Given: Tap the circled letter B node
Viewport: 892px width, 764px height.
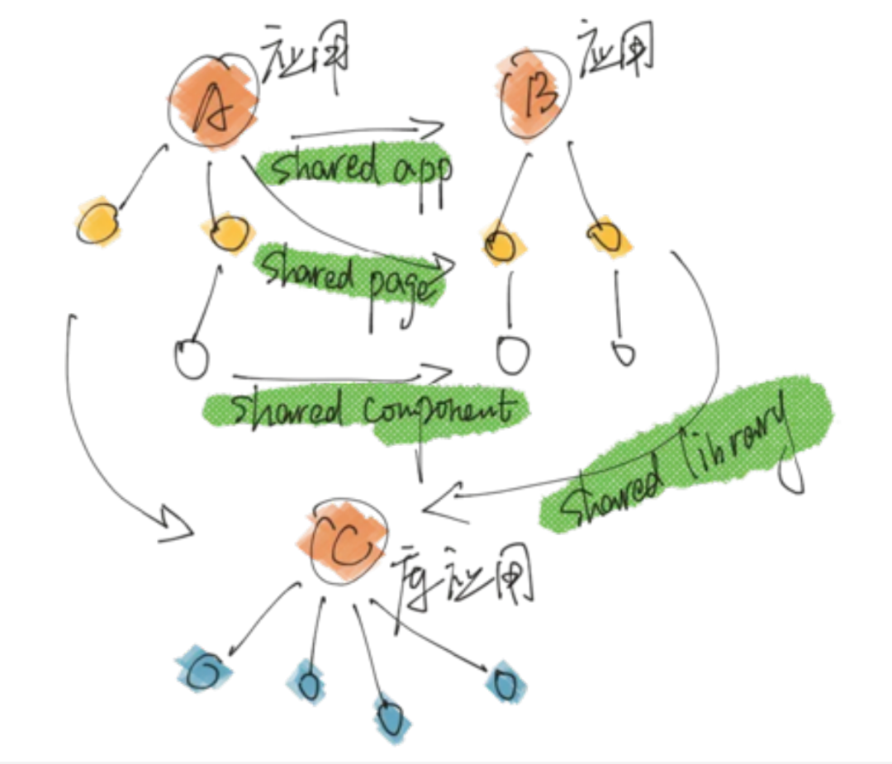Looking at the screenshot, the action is (536, 93).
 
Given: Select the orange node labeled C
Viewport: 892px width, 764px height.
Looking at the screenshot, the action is (347, 545).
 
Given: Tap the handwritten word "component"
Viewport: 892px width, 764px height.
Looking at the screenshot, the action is (441, 409).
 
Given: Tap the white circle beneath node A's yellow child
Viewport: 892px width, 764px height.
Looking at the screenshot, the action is (192, 358).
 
